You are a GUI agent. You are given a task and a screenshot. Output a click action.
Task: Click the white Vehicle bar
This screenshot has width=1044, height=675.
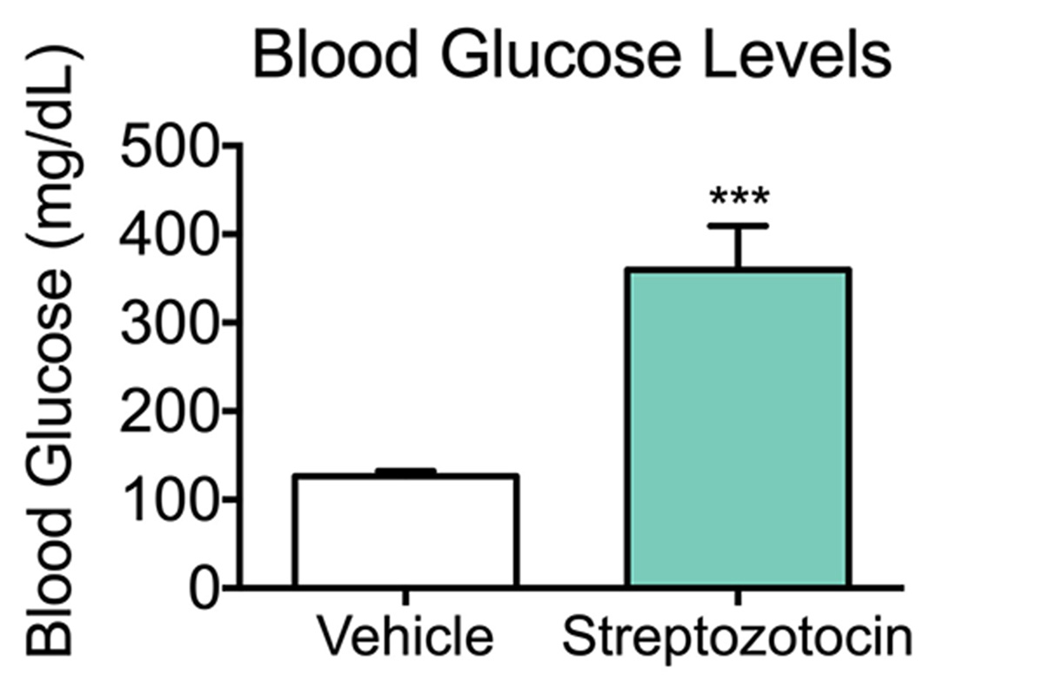[406, 531]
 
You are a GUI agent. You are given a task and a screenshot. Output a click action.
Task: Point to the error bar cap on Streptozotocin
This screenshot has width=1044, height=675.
[738, 226]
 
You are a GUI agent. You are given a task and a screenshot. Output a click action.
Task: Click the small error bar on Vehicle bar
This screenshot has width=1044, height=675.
[406, 471]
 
